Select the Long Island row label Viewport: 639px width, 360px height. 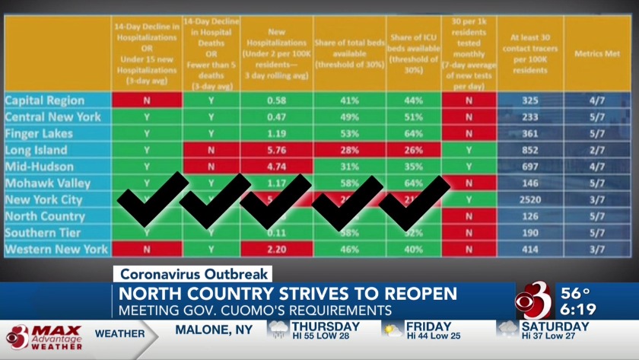click(x=36, y=150)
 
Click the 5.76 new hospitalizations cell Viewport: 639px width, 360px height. click(x=276, y=150)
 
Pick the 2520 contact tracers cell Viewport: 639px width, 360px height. click(x=530, y=199)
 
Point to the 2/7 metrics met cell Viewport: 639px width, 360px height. click(x=596, y=150)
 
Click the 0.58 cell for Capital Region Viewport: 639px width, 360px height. click(x=276, y=100)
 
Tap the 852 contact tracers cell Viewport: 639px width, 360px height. click(x=530, y=150)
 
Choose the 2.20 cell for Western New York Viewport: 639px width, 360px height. click(x=276, y=249)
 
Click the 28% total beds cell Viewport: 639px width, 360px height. click(x=350, y=150)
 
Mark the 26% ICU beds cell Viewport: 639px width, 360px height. click(x=414, y=150)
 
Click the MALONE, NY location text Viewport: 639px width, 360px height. click(x=215, y=330)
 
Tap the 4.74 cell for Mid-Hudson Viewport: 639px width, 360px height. click(x=276, y=167)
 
